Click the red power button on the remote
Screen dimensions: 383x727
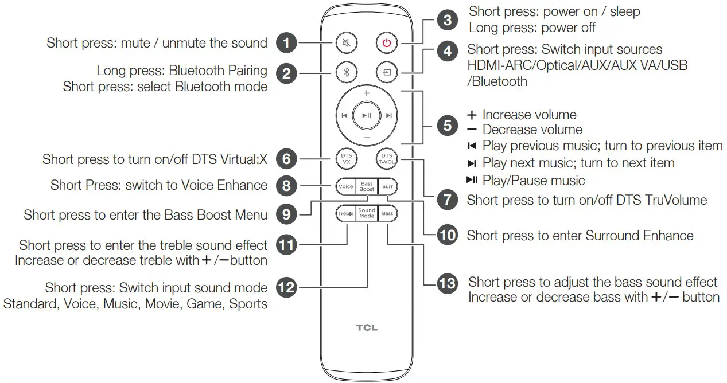[387, 42]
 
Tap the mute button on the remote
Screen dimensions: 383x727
[347, 42]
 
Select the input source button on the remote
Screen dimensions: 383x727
[387, 73]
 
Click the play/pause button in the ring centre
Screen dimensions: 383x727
[367, 115]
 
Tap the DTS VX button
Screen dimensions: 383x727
[347, 158]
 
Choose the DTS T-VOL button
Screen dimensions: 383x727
[387, 158]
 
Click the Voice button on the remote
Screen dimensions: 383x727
[345, 186]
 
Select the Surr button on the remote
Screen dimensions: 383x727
[388, 186]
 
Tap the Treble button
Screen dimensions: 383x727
[345, 213]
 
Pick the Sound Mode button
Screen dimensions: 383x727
[367, 213]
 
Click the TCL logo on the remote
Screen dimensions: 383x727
[367, 328]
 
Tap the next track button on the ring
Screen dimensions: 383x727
[389, 115]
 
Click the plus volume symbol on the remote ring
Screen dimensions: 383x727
[367, 93]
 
